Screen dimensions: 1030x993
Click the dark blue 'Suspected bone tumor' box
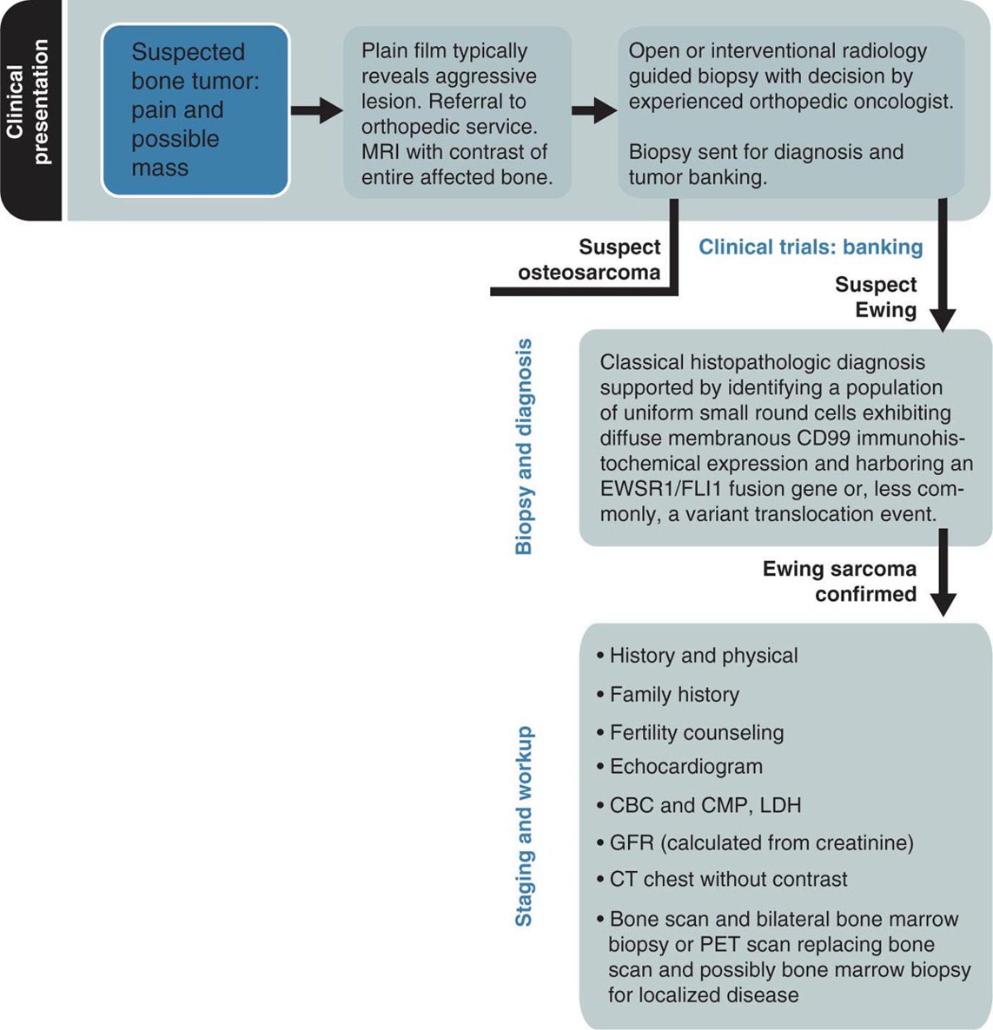tap(195, 109)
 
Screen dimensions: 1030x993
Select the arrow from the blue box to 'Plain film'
tap(316, 110)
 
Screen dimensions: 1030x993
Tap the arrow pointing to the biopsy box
tap(594, 110)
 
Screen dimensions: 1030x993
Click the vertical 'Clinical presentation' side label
tap(29, 102)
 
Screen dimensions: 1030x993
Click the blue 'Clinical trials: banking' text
tap(811, 248)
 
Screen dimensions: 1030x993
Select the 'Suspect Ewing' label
tap(876, 297)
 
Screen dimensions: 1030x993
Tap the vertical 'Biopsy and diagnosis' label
tap(524, 446)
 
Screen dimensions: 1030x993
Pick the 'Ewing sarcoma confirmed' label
tap(839, 581)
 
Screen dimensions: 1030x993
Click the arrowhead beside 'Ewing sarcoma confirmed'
tap(943, 604)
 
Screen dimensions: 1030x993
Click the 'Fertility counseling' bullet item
tap(696, 732)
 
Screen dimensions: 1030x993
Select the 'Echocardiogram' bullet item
tap(685, 767)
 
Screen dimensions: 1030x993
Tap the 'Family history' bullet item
tap(674, 695)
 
